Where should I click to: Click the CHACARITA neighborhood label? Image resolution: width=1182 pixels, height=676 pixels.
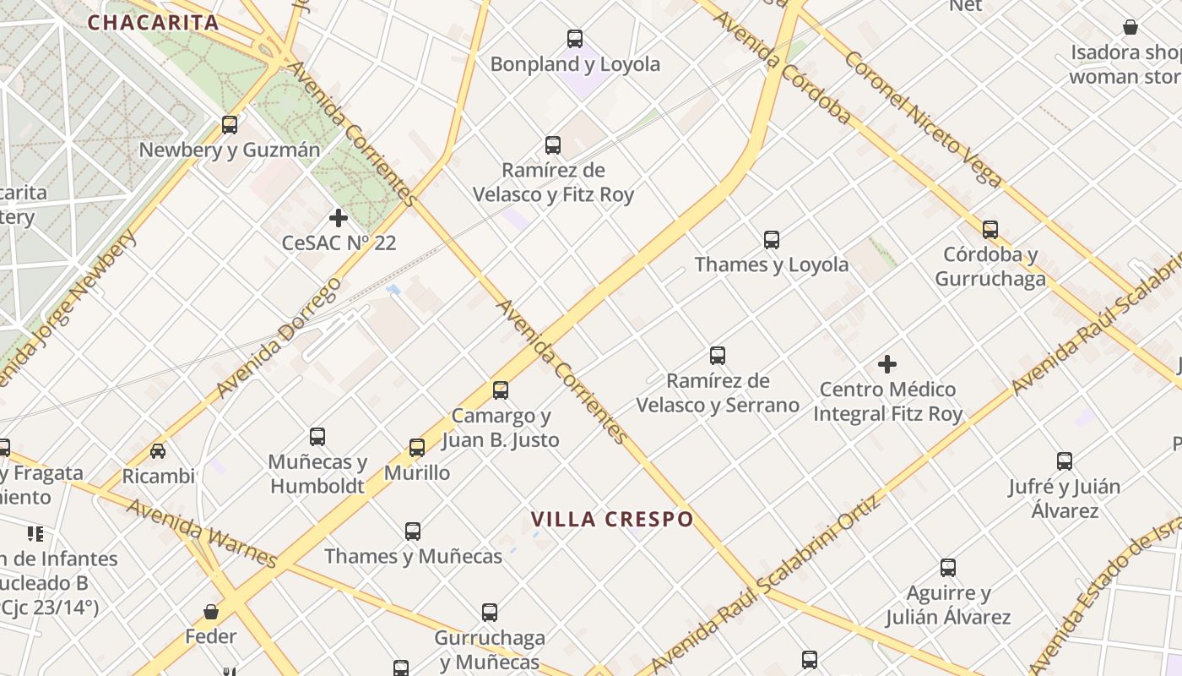pos(153,23)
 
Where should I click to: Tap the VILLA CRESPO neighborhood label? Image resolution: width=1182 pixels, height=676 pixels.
pos(612,519)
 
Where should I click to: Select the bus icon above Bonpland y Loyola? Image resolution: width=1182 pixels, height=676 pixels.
pos(575,39)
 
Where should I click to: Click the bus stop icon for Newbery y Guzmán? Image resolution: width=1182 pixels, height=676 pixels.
pos(230,125)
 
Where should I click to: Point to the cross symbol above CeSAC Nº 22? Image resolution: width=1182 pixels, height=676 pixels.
pos(339,218)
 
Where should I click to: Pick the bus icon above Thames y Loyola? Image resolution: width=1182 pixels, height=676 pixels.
pos(772,240)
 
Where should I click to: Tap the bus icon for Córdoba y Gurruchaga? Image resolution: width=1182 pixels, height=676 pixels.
pos(990,229)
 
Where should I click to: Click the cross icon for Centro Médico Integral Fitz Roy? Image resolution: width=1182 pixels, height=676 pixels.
pos(887,364)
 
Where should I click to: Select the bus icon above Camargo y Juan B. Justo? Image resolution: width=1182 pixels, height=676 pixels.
pos(501,390)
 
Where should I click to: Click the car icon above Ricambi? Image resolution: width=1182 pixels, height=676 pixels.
pos(158,450)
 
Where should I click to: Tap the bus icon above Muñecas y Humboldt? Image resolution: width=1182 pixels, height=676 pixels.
pos(317,437)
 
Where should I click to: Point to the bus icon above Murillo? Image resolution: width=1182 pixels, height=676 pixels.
pos(417,448)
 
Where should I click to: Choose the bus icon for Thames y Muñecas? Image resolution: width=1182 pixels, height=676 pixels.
pos(413,532)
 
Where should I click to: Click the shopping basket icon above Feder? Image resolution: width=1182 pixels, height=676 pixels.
pos(211,611)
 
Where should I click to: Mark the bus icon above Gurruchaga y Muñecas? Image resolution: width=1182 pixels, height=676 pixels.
pos(490,613)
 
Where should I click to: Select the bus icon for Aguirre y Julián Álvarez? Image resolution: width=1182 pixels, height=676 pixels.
pos(948,568)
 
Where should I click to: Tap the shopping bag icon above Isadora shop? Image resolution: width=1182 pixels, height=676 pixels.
pos(1130,28)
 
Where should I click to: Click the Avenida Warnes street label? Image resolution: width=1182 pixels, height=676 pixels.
pos(202,533)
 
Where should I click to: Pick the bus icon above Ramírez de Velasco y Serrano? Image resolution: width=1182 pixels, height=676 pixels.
pos(718,356)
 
